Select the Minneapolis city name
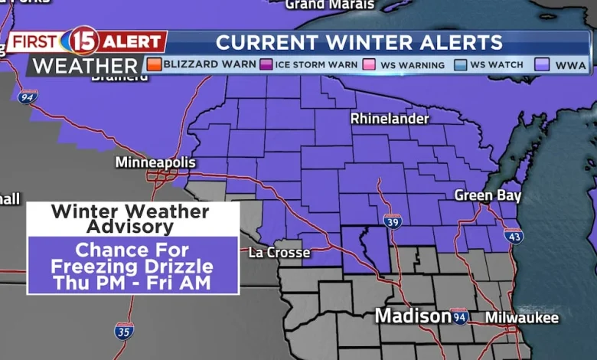click(155, 162)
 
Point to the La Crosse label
click(279, 252)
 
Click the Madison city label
click(412, 316)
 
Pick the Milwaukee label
click(522, 317)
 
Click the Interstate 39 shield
click(392, 221)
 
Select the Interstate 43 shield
click(514, 237)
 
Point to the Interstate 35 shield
click(124, 331)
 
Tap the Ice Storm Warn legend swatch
click(266, 64)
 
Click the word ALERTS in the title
click(466, 42)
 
